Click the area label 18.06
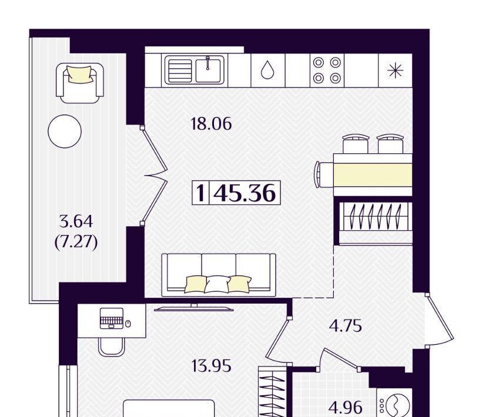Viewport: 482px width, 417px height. (x=211, y=124)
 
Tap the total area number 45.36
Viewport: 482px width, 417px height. (x=245, y=193)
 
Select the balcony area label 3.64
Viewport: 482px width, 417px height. (x=76, y=221)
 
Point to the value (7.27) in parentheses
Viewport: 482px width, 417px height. (x=76, y=243)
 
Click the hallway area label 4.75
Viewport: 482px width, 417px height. (x=345, y=326)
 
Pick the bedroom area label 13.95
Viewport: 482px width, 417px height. (x=211, y=366)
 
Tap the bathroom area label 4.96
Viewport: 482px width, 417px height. (x=345, y=408)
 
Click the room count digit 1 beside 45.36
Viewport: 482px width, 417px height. (x=200, y=193)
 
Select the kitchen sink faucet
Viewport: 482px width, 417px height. (x=208, y=63)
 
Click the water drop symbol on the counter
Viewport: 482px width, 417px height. (x=267, y=69)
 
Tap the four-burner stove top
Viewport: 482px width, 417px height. (x=327, y=70)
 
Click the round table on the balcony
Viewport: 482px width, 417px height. (x=65, y=131)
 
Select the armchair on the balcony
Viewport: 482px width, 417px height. (x=79, y=83)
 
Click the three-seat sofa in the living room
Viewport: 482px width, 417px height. (x=219, y=273)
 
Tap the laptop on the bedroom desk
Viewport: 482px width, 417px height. (x=112, y=318)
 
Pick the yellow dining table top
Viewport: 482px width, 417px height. (x=373, y=174)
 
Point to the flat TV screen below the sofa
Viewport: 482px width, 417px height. (x=193, y=308)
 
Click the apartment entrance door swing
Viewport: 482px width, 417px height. (x=440, y=321)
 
